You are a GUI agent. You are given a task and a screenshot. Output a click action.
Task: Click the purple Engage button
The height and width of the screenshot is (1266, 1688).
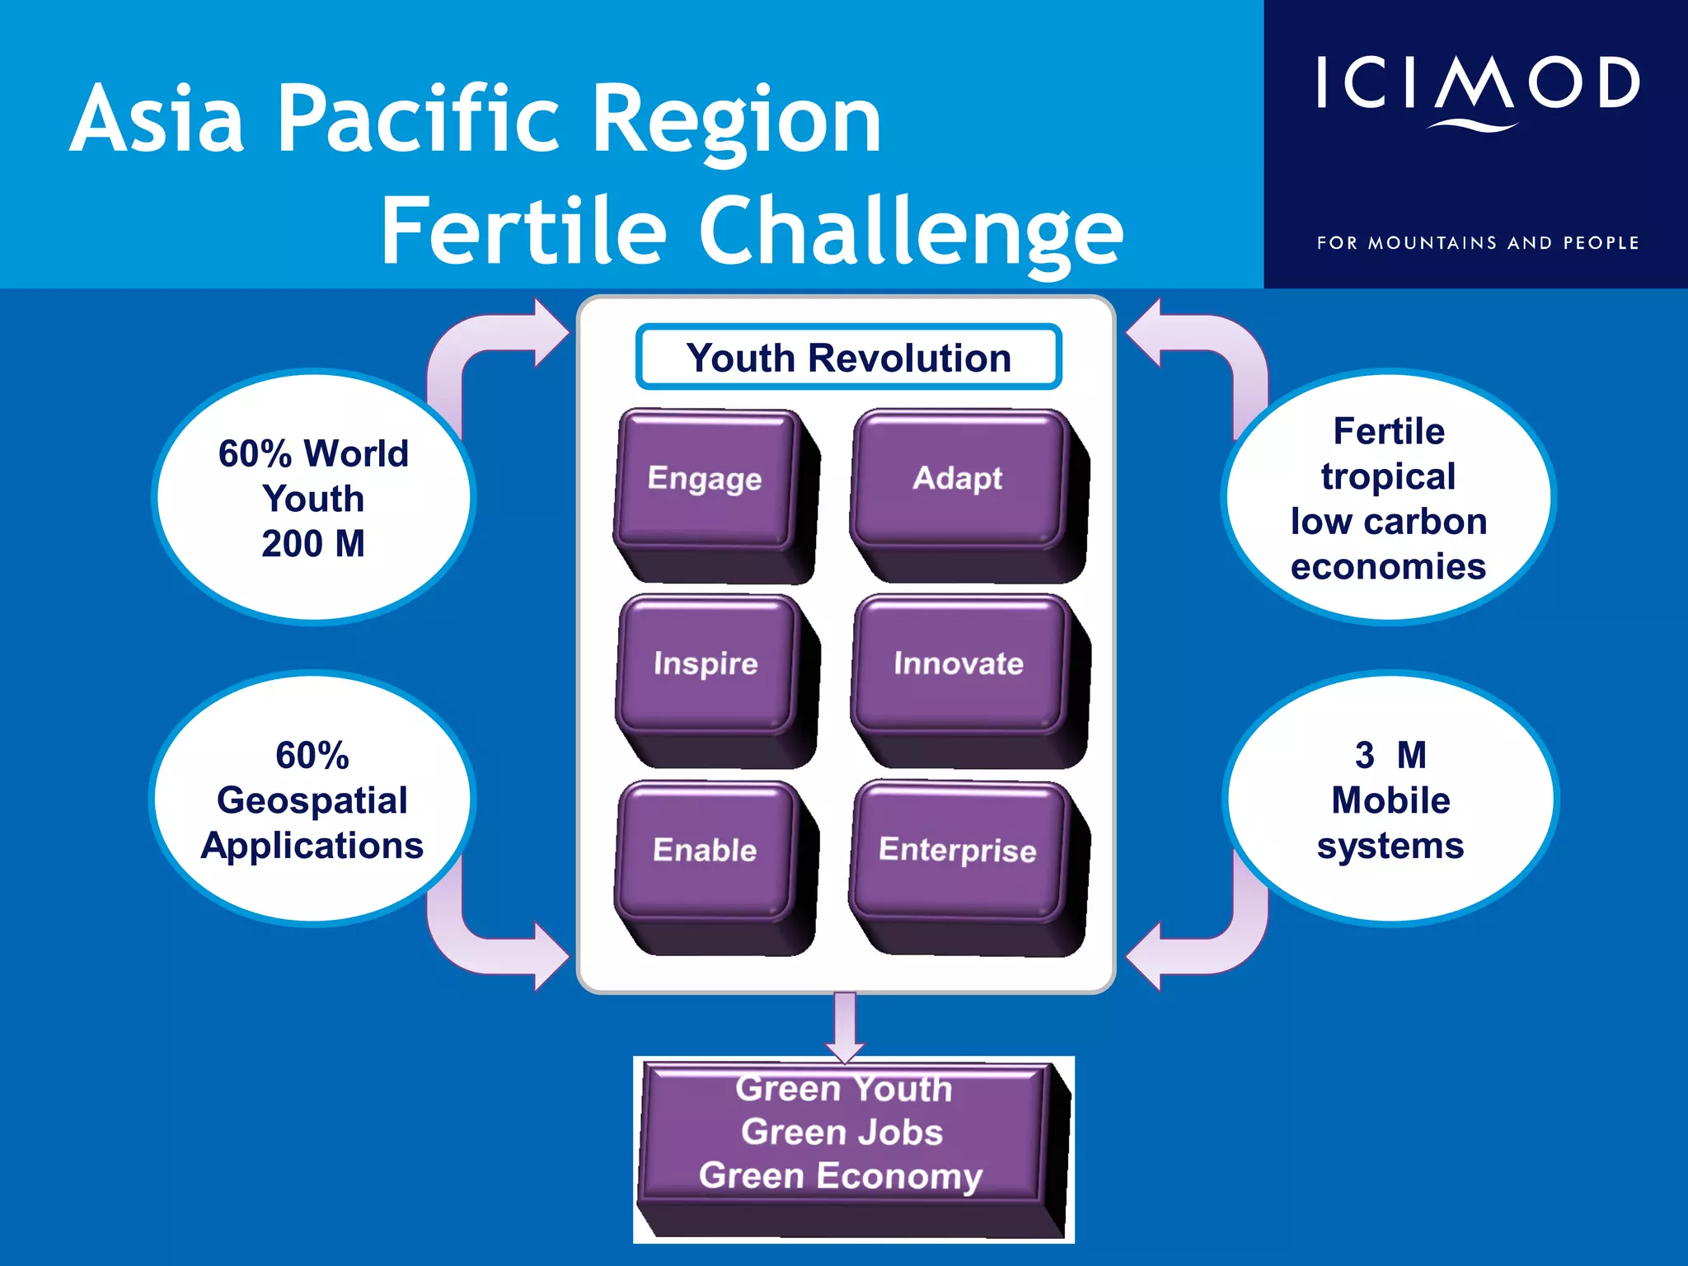706,480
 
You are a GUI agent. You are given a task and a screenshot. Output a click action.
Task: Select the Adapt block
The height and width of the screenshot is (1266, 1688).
958,480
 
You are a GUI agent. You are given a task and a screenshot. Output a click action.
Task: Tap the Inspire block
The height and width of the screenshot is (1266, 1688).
706,664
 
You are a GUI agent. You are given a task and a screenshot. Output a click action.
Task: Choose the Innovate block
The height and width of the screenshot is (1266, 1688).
958,664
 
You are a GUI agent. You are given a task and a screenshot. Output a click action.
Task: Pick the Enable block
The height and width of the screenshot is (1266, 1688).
706,851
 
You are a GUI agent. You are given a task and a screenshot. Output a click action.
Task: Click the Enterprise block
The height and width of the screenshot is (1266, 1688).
958,851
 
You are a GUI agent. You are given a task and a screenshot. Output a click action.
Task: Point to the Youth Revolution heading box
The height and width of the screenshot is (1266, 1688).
848,358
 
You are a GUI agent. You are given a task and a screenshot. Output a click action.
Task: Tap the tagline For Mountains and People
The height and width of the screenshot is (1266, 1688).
1477,243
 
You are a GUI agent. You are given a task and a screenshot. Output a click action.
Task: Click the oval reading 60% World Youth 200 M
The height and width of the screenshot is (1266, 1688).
313,498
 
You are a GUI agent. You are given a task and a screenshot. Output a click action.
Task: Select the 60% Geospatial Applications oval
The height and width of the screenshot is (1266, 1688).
313,799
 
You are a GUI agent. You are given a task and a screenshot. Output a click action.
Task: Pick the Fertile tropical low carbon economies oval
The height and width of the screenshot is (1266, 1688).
1389,498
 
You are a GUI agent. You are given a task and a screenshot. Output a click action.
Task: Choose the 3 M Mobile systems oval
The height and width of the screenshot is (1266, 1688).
1390,799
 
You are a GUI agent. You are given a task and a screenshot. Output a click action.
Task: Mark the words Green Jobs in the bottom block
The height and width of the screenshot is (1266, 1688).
842,1132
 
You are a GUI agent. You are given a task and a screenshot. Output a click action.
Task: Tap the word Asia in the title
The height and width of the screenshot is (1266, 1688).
157,120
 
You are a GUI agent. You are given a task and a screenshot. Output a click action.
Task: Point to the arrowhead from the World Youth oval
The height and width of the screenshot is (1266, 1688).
551,333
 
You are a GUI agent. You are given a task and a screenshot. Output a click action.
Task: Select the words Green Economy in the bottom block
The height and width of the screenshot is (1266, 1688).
841,1176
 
